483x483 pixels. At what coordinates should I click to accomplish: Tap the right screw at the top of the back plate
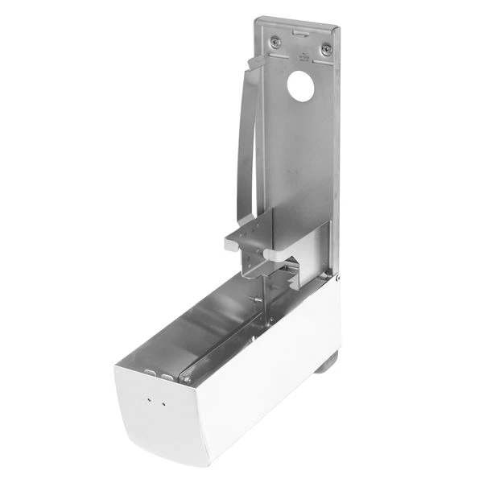(326, 49)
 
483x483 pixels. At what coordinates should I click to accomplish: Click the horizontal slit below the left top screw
(278, 55)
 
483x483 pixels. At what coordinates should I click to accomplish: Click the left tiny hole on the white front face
(149, 398)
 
